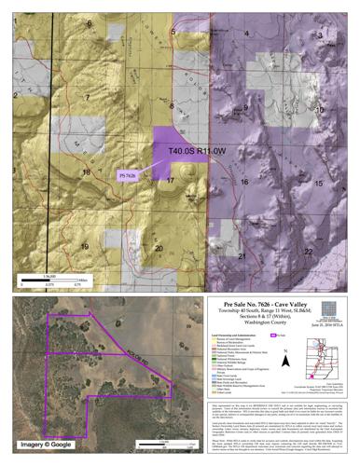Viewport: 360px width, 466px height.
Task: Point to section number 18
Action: coord(86,172)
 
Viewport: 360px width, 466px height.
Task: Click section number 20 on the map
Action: coord(159,248)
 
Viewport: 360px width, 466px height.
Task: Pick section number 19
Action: coord(85,246)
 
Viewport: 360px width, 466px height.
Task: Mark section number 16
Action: coord(245,183)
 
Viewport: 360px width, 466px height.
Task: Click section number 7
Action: coord(86,97)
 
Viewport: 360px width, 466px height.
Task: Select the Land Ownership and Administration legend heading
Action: coord(233,338)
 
